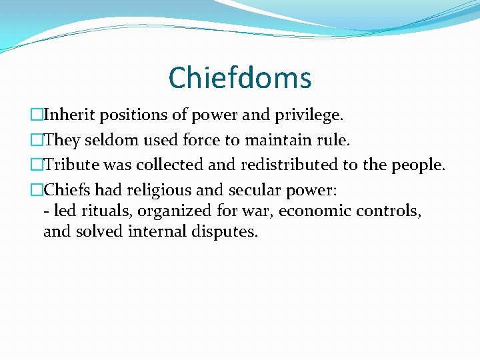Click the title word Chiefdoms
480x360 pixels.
pyautogui.click(x=240, y=78)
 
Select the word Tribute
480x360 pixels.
pyautogui.click(x=71, y=165)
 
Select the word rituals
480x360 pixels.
pyautogui.click(x=99, y=211)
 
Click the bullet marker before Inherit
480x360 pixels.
pyautogui.click(x=38, y=115)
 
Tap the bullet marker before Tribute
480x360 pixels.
pyautogui.click(x=38, y=165)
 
